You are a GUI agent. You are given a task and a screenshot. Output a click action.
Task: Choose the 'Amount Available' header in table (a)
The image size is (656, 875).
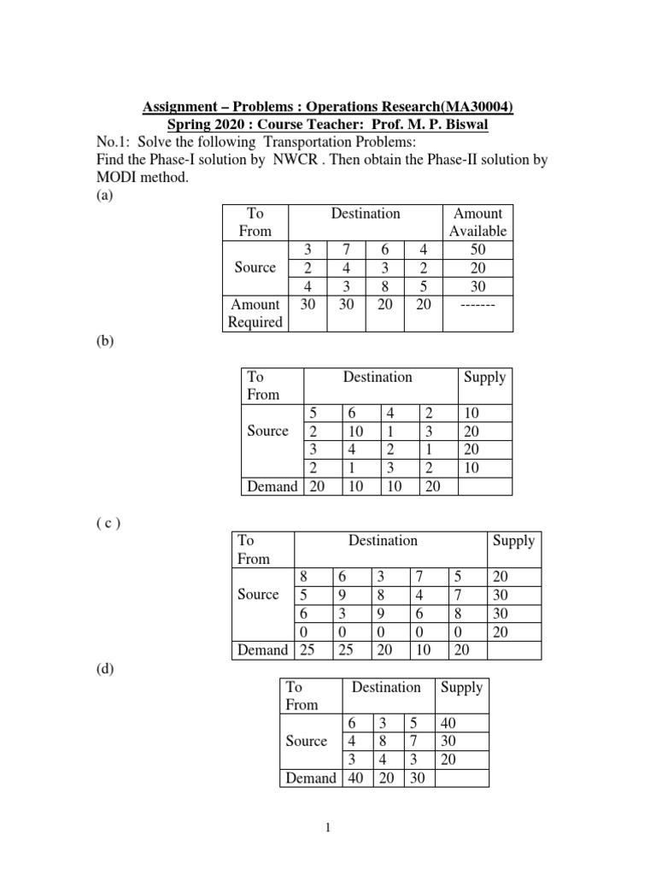point(477,222)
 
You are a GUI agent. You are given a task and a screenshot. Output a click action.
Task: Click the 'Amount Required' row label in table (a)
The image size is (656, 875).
point(255,313)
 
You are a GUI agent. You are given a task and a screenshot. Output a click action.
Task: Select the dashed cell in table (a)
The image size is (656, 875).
point(477,305)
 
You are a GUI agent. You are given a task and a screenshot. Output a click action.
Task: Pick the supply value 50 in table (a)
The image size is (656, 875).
point(477,250)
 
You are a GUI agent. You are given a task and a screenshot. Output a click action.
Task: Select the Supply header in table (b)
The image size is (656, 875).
point(483,377)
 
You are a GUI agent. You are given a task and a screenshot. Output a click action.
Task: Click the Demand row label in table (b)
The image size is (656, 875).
point(272,486)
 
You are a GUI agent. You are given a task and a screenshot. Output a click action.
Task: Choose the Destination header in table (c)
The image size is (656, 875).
point(383,540)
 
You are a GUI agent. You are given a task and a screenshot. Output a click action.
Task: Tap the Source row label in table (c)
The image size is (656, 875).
point(257,595)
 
